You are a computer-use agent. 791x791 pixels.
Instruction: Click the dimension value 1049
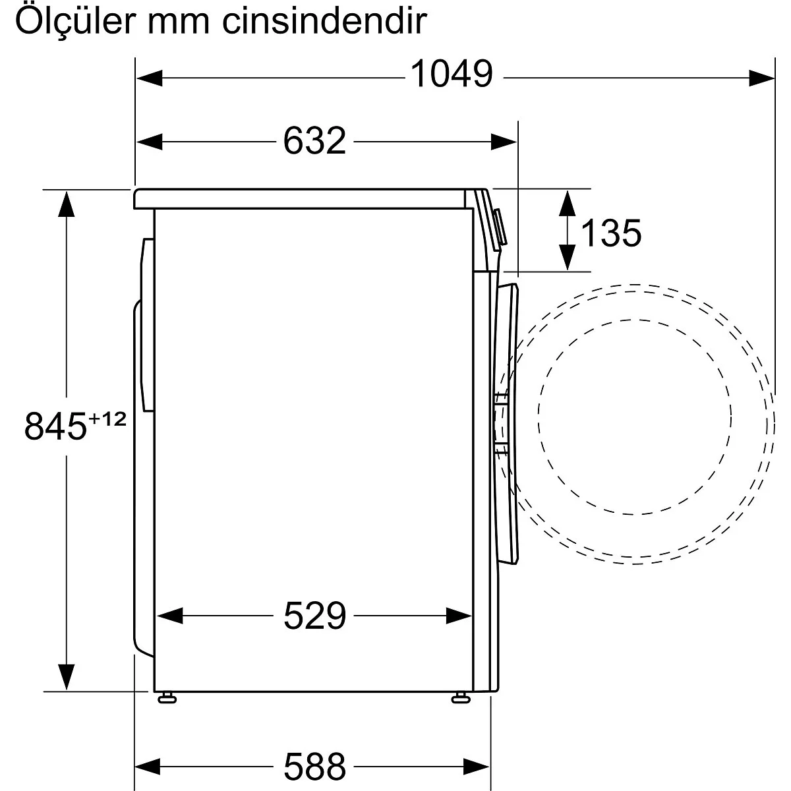(452, 74)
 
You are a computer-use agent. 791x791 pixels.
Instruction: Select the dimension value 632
(314, 140)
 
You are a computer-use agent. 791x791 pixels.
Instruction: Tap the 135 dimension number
(610, 233)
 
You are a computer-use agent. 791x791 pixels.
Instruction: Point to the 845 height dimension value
(55, 426)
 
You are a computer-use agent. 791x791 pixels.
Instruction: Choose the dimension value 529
(314, 616)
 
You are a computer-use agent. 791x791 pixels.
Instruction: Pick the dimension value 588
(314, 765)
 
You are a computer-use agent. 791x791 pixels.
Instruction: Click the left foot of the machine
(167, 697)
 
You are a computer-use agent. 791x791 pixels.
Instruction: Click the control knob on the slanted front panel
(500, 228)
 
